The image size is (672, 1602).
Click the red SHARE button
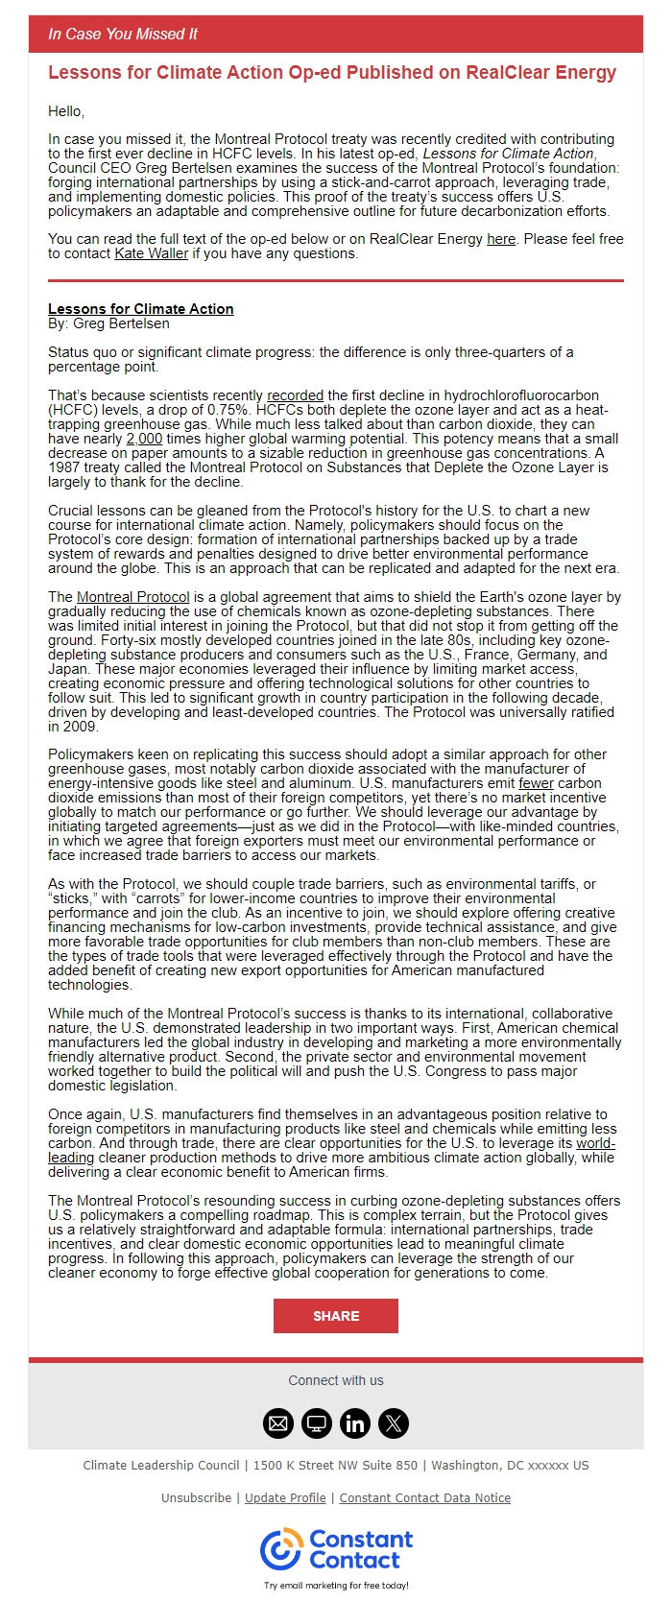(x=335, y=1316)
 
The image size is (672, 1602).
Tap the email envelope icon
(x=278, y=1423)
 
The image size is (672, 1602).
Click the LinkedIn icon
(x=355, y=1423)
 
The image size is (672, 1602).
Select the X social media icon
(x=394, y=1423)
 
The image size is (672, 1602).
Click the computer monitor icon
(x=317, y=1423)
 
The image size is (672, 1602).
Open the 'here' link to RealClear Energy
(x=501, y=239)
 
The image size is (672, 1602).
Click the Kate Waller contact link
(x=152, y=253)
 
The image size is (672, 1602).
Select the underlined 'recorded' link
(x=295, y=395)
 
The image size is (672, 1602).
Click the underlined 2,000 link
(x=144, y=439)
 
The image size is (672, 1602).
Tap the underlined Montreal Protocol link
(x=133, y=597)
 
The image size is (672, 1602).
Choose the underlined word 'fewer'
(x=536, y=783)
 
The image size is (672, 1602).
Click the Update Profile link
(x=285, y=1497)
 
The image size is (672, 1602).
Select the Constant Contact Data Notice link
(x=425, y=1497)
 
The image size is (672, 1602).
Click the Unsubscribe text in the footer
(x=196, y=1497)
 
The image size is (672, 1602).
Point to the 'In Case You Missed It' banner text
(x=123, y=34)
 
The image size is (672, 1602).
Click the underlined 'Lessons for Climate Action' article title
(x=141, y=309)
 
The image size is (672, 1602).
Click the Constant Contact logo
(x=336, y=1550)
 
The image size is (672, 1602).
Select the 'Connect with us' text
(x=336, y=1380)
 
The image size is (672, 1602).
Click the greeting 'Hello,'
(x=66, y=111)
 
